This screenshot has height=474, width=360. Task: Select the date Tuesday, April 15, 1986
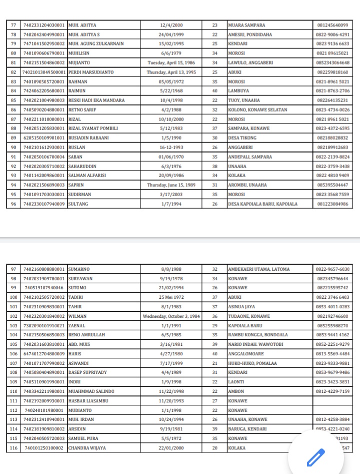click(171, 62)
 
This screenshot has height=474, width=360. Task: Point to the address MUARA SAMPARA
click(246, 25)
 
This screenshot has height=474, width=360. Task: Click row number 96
click(13, 204)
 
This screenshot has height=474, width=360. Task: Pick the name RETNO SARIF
click(83, 110)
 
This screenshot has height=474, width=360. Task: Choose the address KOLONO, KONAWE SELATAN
click(257, 110)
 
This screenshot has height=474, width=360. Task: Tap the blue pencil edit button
click(315, 457)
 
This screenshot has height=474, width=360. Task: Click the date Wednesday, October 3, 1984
click(171, 316)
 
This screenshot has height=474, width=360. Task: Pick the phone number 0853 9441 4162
click(332, 335)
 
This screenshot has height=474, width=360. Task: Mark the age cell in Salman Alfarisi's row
click(214, 175)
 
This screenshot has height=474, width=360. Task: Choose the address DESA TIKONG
click(242, 138)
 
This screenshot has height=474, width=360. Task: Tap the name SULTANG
click(77, 204)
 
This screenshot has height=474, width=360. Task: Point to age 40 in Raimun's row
click(214, 91)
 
